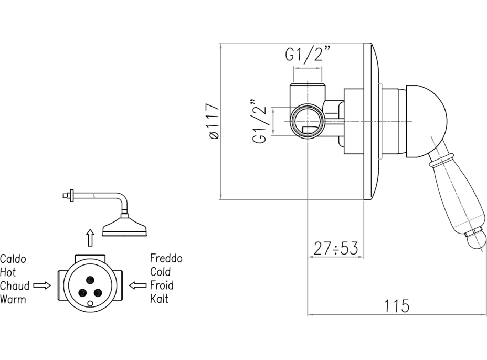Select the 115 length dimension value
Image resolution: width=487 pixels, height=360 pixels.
397,305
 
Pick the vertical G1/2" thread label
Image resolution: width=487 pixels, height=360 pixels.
261,121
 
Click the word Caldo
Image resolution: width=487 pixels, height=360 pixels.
13,259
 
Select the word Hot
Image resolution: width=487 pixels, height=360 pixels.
8,272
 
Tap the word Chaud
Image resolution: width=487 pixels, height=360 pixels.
15,286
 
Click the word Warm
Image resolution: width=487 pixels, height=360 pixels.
13,300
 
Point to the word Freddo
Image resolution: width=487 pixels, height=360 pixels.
166,259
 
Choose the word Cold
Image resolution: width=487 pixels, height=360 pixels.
160,272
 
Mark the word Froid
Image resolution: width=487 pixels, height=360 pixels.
162,286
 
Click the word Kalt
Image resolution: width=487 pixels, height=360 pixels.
159,300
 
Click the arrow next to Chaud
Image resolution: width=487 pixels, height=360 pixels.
42,286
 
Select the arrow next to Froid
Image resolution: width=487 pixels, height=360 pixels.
138,286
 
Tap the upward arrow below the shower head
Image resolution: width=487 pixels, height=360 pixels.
90,238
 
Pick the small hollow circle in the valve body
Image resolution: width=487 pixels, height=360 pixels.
90,303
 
